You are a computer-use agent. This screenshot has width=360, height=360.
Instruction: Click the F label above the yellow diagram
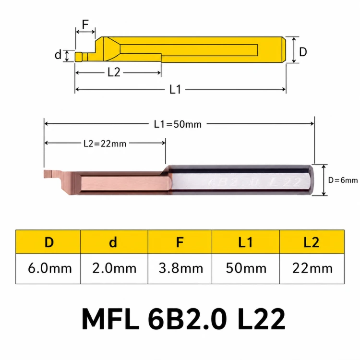(85, 24)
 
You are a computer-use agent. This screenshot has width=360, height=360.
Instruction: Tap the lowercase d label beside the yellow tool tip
(58, 55)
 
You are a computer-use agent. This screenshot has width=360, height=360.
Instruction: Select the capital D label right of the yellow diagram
(303, 52)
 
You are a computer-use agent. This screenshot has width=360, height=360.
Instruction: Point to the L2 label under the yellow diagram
(114, 72)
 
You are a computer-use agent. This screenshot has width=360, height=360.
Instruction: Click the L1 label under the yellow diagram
(175, 89)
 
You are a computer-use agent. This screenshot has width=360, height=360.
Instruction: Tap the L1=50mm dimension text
(178, 124)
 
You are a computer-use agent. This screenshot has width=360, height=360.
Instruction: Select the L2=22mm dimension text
(105, 144)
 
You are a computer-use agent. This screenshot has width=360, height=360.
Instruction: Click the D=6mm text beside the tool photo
(343, 180)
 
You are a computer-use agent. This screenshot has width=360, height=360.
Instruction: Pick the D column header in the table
(49, 242)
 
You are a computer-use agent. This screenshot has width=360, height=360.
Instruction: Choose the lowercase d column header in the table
(113, 242)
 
